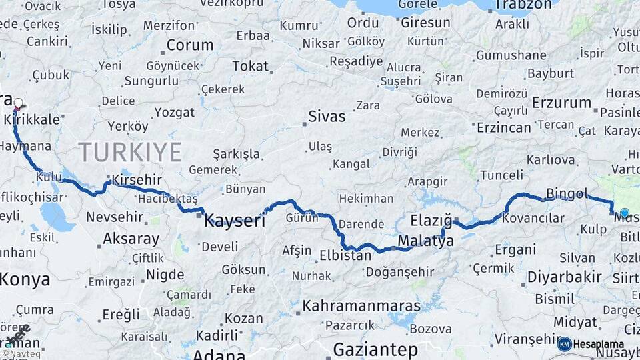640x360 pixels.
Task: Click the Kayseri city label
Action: coord(235,220)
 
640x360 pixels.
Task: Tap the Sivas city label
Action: coord(326,117)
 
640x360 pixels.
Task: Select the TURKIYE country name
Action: coord(130,153)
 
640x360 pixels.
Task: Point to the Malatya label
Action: coord(425,241)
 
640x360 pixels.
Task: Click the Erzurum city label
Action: coord(562,103)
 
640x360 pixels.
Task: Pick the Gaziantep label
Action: coord(375,349)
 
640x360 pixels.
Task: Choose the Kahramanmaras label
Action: coord(361,306)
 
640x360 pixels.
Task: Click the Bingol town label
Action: coord(567,194)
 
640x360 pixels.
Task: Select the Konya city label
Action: coord(25,279)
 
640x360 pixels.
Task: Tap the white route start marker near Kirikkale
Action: coord(19,103)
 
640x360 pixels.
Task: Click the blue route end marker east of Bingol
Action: coord(625,213)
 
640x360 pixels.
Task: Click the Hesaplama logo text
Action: coord(599,344)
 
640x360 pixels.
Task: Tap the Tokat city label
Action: coord(250,66)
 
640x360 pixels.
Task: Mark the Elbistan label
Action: coord(345,255)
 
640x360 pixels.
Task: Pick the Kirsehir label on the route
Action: coord(137,180)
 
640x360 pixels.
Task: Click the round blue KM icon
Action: coord(565,344)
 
